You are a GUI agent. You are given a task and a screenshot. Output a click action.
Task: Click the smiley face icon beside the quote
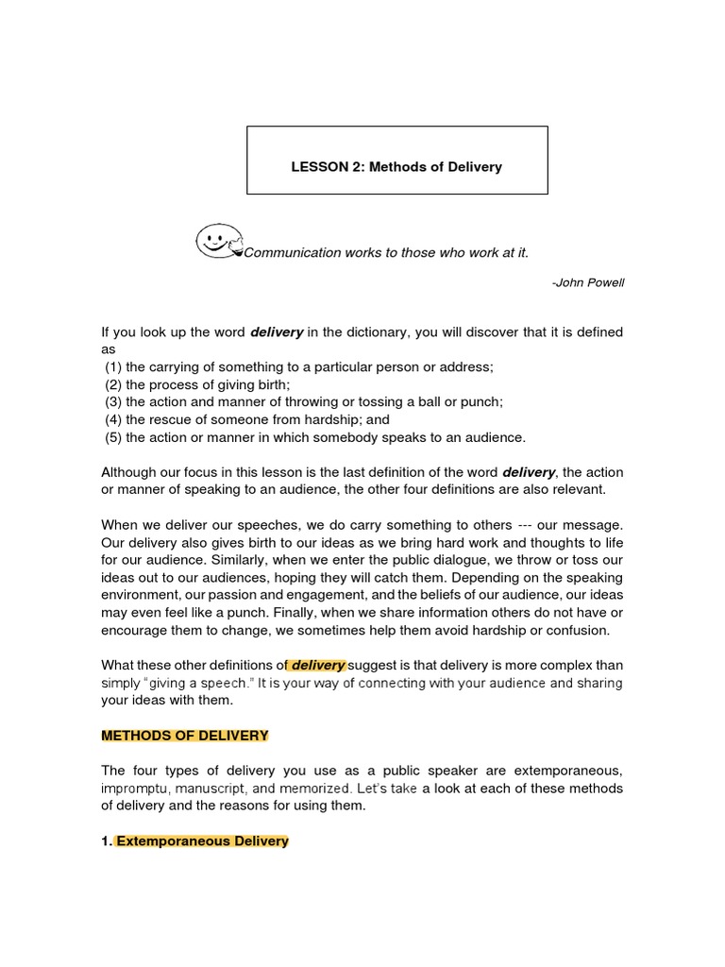(218, 241)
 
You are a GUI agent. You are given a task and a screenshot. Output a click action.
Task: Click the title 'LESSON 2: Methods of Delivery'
(396, 167)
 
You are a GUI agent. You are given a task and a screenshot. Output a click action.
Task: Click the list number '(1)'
(112, 366)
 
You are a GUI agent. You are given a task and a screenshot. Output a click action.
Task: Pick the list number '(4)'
(112, 419)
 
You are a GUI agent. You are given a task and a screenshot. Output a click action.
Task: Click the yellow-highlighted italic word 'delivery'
(317, 666)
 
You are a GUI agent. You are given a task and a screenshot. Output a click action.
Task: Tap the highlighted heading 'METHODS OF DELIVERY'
(185, 736)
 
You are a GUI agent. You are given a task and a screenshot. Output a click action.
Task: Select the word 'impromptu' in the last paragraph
(133, 789)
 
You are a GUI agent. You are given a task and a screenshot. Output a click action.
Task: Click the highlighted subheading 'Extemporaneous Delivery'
(202, 841)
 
